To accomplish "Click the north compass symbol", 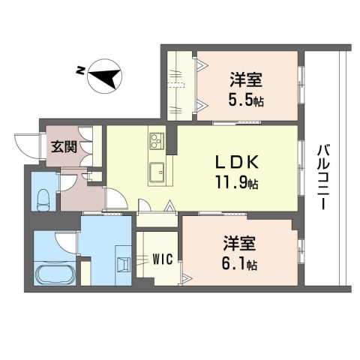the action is click(x=105, y=76).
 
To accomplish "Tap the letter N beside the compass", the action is click(x=80, y=70).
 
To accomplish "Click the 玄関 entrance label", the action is click(x=64, y=146).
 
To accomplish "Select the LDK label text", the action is click(x=237, y=162).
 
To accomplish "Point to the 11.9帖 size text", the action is click(x=237, y=182).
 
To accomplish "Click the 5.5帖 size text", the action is click(x=246, y=100).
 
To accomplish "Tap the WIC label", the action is click(x=163, y=259).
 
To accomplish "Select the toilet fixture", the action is click(x=43, y=200).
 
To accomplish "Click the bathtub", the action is click(x=55, y=273).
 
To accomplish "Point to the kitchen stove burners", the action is click(x=157, y=141).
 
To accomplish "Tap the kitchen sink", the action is click(x=157, y=172).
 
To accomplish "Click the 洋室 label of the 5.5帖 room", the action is click(x=246, y=79).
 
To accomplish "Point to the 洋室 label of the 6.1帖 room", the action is click(x=239, y=243).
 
